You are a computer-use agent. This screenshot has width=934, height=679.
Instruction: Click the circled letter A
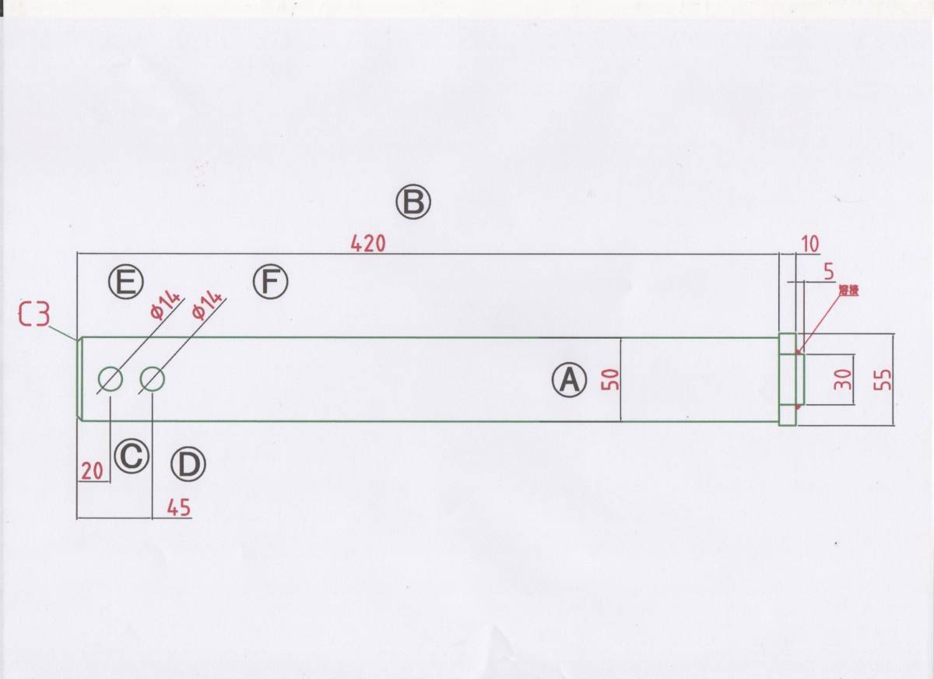point(569,380)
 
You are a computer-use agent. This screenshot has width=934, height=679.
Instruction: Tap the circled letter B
point(413,202)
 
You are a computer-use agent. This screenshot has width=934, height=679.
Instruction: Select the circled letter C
point(131,456)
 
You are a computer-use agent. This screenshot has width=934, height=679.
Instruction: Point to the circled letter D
point(188,466)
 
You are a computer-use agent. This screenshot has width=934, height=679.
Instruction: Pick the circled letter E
point(125,281)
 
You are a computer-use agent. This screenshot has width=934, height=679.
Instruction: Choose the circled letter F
point(270,281)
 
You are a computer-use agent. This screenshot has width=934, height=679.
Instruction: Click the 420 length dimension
point(368,243)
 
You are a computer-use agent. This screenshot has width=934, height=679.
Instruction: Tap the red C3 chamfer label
point(33,315)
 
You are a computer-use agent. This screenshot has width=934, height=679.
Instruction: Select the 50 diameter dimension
point(610,379)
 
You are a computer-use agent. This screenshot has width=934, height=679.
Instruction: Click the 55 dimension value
point(884,379)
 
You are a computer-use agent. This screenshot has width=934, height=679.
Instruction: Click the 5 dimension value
point(827,272)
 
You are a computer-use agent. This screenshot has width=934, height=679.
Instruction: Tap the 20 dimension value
point(92,470)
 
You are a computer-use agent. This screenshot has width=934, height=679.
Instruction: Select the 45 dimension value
point(178,508)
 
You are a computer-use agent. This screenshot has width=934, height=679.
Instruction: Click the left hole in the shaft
point(111,379)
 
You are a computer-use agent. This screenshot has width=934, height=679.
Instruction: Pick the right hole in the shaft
point(153,379)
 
